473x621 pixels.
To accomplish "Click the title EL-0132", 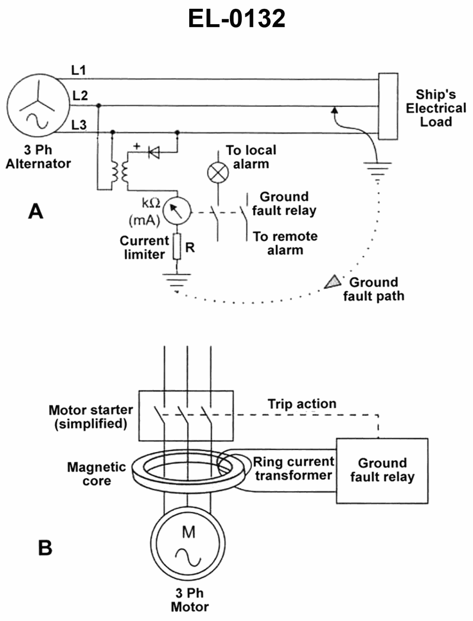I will [237, 19].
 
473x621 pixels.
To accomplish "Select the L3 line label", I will [79, 124].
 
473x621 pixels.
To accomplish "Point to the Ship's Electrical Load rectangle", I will [387, 106].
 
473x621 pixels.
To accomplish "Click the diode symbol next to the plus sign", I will [155, 152].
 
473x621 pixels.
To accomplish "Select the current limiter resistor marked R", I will [176, 246].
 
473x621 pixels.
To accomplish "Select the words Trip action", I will [302, 404].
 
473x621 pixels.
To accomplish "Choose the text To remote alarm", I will [285, 243].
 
